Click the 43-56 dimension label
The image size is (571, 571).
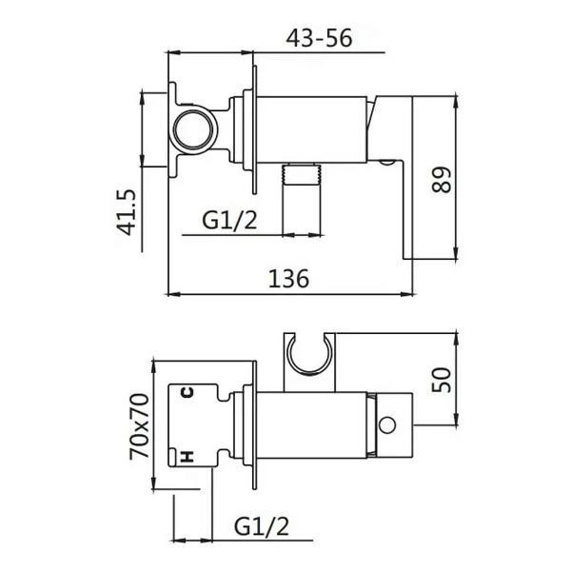319,38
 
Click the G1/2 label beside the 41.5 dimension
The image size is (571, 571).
230,221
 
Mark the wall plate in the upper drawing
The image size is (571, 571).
255,133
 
